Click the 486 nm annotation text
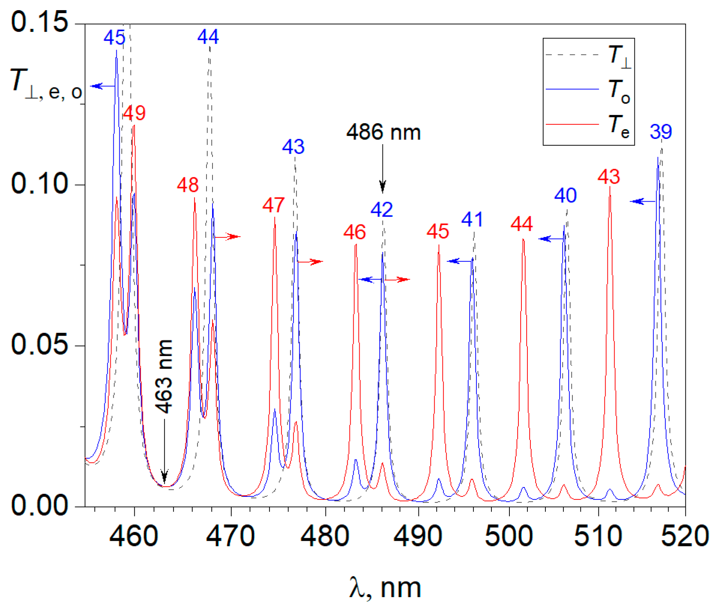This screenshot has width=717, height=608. click(x=383, y=132)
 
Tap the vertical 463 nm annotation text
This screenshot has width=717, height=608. click(x=164, y=376)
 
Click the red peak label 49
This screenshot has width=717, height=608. click(x=134, y=113)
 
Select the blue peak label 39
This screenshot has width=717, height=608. click(x=660, y=132)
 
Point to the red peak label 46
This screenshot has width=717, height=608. click(x=354, y=232)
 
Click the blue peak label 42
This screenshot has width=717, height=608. click(x=381, y=210)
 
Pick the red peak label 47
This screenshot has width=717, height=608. click(x=273, y=205)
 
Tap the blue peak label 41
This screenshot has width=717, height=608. click(x=472, y=219)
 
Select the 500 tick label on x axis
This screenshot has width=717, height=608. click(x=508, y=536)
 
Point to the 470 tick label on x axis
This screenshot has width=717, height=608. click(x=230, y=536)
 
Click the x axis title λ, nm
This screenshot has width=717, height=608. click(x=385, y=588)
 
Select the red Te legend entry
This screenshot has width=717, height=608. click(x=588, y=124)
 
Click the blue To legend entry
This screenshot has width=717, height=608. click(x=588, y=89)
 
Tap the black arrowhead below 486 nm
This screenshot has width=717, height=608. click(x=383, y=187)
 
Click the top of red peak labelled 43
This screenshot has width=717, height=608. click(x=610, y=188)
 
